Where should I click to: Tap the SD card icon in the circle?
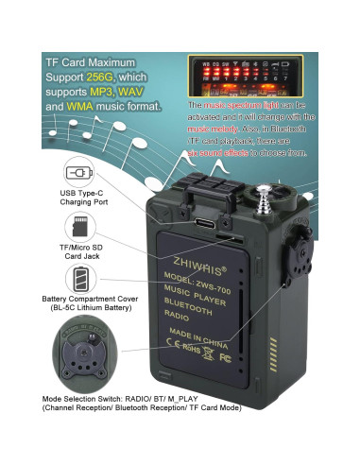coord(78,228)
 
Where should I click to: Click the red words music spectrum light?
coord(238,106)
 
